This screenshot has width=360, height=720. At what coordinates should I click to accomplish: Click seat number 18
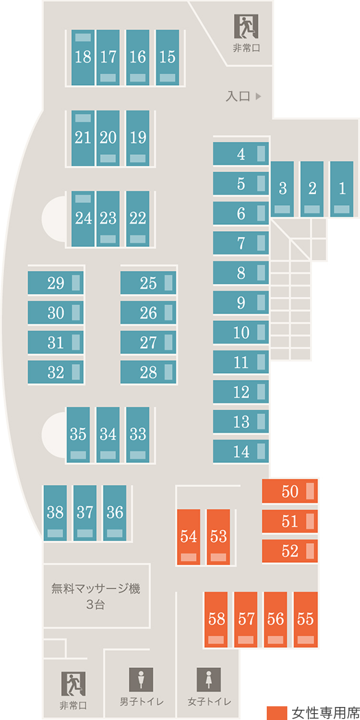83,58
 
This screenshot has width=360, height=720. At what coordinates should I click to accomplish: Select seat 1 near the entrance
341,189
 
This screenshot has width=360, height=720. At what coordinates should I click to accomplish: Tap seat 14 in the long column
241,451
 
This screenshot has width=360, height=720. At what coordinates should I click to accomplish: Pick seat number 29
56,283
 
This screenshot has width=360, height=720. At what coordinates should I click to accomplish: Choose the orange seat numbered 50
290,491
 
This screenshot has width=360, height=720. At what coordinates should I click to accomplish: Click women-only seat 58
216,619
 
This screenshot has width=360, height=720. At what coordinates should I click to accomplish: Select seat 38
55,513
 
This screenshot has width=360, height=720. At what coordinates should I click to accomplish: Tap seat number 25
148,283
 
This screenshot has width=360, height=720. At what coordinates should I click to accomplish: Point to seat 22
138,219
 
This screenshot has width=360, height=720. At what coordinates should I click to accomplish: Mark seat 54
189,537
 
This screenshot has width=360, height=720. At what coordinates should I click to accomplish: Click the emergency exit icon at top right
247,26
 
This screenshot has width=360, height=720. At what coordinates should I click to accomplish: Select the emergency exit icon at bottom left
73,683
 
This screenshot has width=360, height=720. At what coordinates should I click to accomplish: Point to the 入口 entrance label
238,97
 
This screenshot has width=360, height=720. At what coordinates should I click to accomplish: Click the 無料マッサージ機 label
95,588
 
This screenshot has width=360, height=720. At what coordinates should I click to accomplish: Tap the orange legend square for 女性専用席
277,712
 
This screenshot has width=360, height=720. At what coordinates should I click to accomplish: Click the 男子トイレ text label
141,702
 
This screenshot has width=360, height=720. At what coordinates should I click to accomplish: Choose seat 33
138,434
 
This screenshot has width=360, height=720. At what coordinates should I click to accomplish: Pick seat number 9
241,302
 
